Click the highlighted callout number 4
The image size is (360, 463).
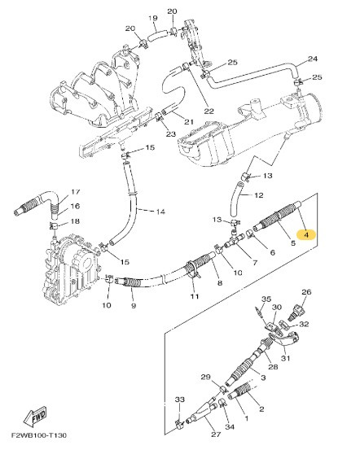click(306, 235)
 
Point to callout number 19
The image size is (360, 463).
click(152, 18)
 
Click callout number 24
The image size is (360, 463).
click(313, 59)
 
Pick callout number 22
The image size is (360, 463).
click(209, 111)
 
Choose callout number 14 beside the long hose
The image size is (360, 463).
click(160, 212)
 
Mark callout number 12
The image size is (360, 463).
click(259, 195)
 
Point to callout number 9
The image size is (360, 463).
click(134, 308)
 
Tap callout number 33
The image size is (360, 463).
click(180, 400)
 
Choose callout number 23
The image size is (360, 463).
click(171, 133)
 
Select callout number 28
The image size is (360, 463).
click(271, 366)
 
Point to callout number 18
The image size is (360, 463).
click(75, 221)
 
